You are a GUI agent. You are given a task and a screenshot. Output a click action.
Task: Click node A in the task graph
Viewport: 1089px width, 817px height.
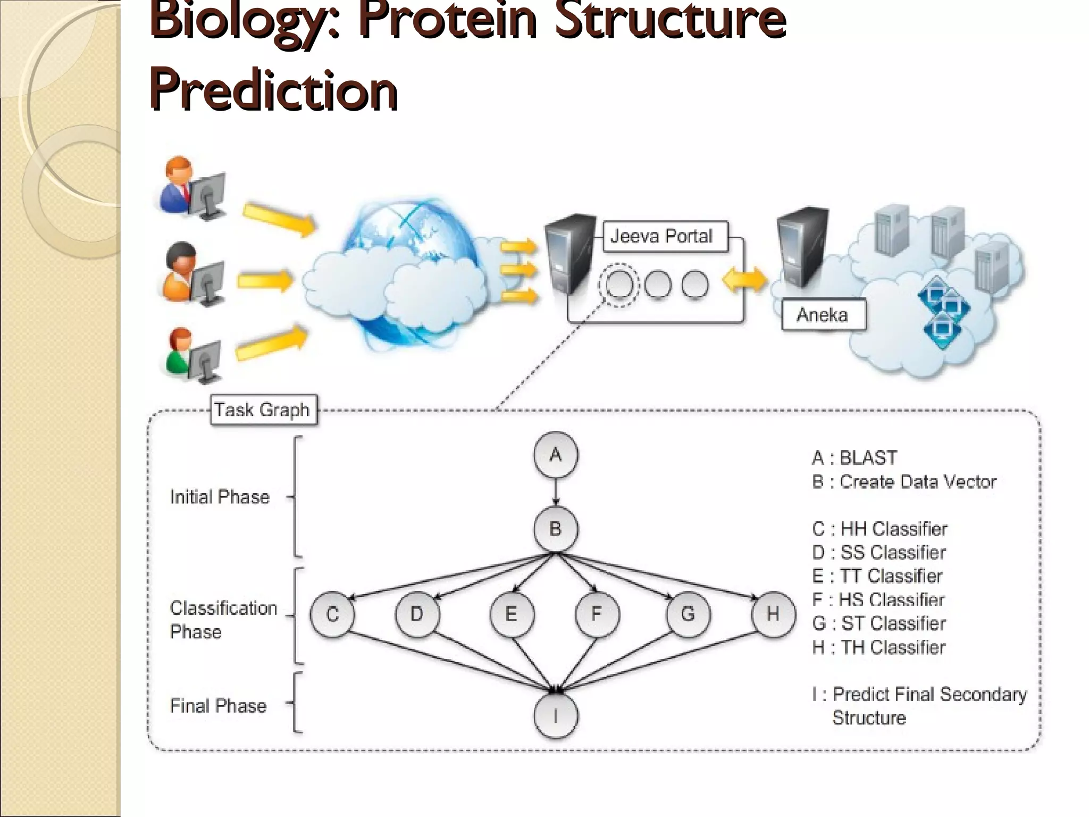click(x=556, y=455)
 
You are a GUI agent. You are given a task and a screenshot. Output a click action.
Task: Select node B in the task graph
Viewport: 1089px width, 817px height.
click(x=556, y=529)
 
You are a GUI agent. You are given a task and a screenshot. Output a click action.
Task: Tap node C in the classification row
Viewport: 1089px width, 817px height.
click(x=332, y=614)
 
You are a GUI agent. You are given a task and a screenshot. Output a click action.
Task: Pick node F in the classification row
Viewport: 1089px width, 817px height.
click(x=597, y=614)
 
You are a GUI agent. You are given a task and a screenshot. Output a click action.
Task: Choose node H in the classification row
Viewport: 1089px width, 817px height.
click(x=773, y=614)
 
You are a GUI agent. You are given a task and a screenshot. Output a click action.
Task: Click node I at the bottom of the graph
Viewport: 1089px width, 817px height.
click(x=556, y=716)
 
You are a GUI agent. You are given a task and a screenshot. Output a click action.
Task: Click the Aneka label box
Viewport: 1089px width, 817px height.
click(x=823, y=315)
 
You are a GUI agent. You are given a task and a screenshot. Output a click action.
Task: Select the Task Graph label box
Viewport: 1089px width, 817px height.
click(x=263, y=410)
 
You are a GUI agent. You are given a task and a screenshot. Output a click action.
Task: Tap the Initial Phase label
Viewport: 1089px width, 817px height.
click(x=220, y=497)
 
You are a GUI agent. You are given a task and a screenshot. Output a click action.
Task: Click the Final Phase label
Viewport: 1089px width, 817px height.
click(x=218, y=706)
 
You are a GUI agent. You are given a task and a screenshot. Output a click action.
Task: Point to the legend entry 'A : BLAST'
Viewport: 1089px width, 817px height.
click(x=855, y=458)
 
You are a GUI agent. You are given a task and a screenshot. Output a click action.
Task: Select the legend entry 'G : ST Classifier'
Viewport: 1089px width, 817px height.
click(x=879, y=623)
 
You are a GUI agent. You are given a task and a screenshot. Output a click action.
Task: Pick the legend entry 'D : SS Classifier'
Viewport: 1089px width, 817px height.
click(x=879, y=553)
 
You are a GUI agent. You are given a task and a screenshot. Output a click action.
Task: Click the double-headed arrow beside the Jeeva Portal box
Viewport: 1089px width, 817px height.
click(x=744, y=279)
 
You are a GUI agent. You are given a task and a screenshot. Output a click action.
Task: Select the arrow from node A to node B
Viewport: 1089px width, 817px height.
click(x=556, y=492)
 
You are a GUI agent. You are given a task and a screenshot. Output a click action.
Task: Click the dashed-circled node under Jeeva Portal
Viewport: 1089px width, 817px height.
click(x=618, y=285)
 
